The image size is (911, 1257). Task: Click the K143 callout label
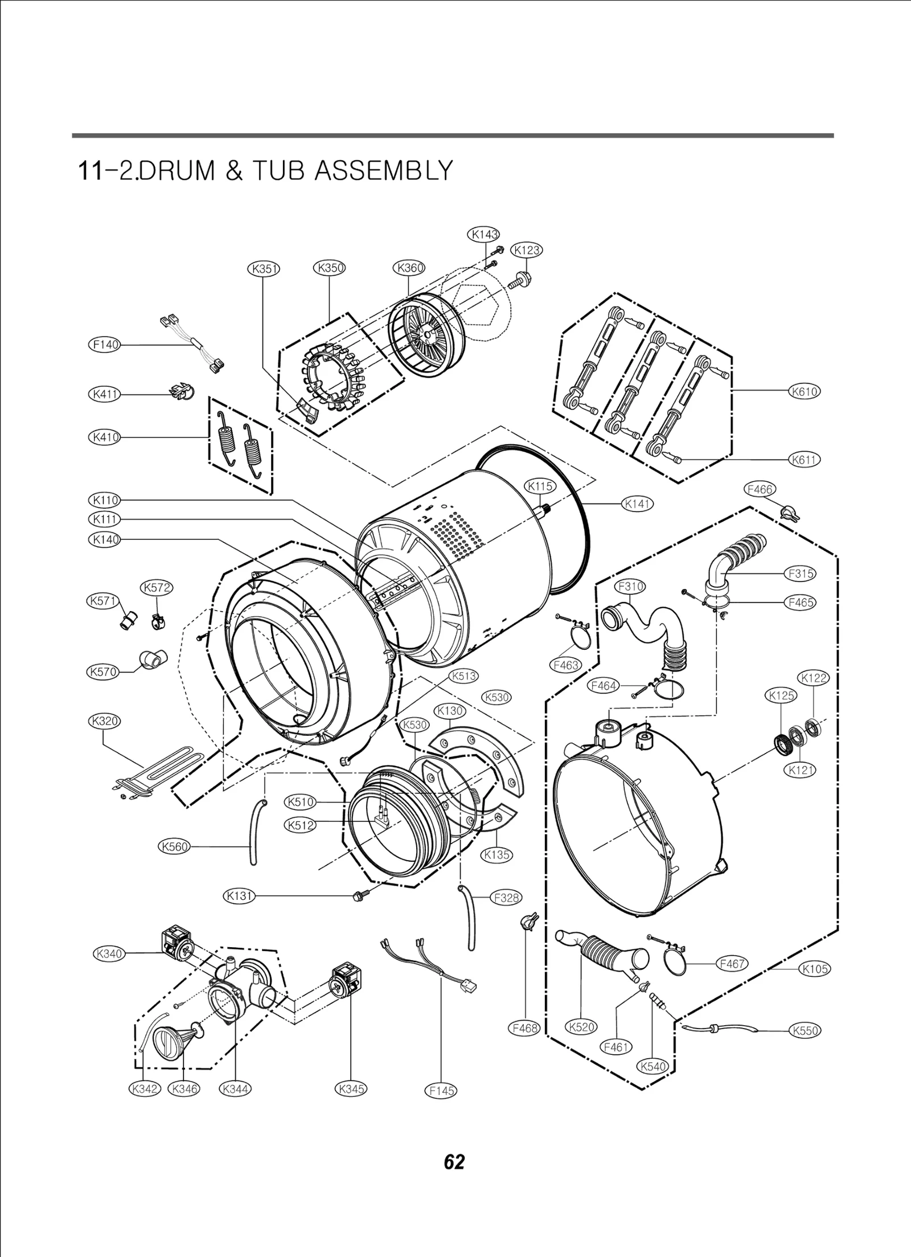coord(483,234)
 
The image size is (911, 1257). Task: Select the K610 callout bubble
coord(804,391)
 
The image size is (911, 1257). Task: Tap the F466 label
coord(760,489)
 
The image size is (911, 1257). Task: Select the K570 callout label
coord(102,672)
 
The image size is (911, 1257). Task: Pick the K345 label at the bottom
coord(351,1089)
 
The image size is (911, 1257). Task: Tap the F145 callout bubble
coord(441,1091)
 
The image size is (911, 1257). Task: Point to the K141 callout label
coord(637,503)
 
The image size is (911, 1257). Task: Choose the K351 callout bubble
coord(264,268)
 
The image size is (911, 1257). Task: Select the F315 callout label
coord(800,574)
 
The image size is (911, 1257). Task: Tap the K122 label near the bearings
coord(813,678)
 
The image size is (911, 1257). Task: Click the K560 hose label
coord(174,846)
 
